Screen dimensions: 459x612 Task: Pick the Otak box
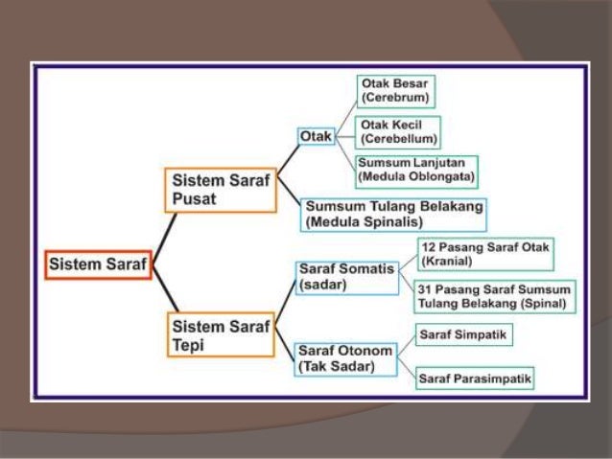(316, 138)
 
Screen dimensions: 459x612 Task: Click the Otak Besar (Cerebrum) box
(394, 91)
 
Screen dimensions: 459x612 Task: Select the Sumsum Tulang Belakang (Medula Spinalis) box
(393, 214)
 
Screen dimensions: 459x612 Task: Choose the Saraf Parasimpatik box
(475, 379)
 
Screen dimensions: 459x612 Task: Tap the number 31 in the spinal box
(425, 289)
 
